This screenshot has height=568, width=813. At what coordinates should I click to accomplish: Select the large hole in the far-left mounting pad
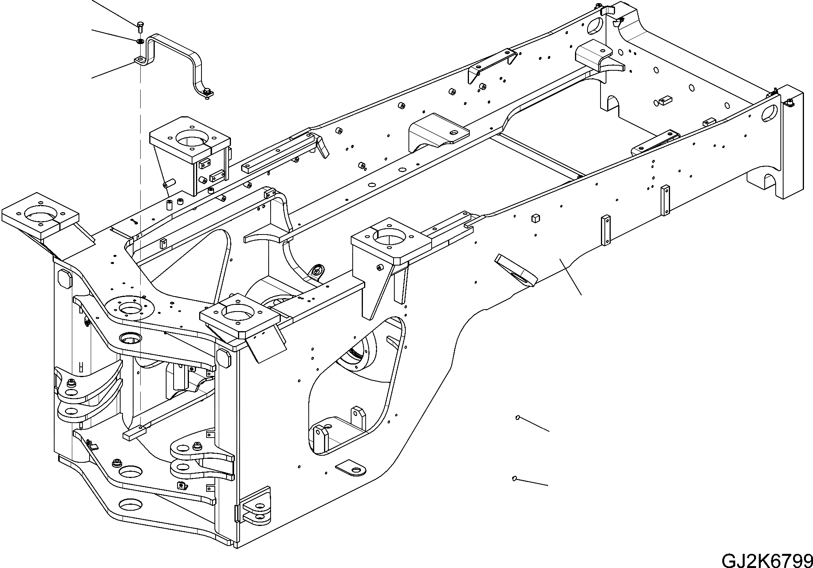point(37,215)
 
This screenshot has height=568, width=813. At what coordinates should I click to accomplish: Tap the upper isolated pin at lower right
point(518,417)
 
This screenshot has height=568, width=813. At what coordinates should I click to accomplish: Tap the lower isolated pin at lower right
point(514,478)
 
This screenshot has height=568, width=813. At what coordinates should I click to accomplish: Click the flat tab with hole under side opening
point(350,468)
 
